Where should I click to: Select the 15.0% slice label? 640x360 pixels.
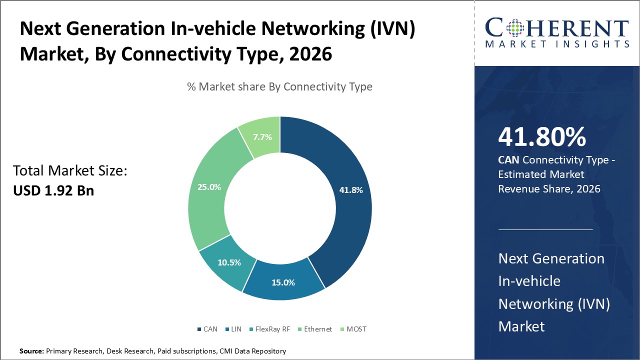pyautogui.click(x=283, y=282)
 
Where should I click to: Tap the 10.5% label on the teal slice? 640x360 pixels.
pyautogui.click(x=229, y=262)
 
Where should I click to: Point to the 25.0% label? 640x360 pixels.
pyautogui.click(x=209, y=187)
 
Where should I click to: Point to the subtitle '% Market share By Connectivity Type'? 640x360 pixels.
pyautogui.click(x=279, y=86)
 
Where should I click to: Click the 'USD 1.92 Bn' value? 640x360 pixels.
pyautogui.click(x=53, y=190)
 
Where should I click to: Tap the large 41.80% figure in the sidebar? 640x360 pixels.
pyautogui.click(x=542, y=136)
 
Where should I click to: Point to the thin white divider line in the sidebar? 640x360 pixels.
pyautogui.click(x=545, y=229)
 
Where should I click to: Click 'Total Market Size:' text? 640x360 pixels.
pyautogui.click(x=70, y=171)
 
